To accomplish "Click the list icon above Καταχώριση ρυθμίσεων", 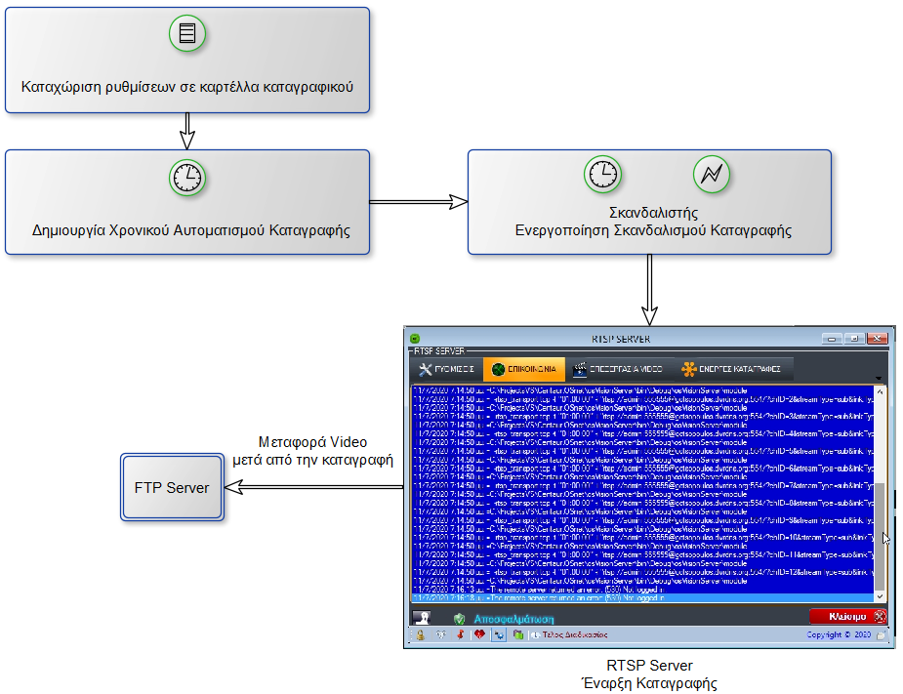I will (187, 34).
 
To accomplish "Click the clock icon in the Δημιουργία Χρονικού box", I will (187, 177).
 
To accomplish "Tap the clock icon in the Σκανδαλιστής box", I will (602, 174).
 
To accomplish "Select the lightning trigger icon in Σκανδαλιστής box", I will (711, 174).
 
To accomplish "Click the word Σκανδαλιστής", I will (653, 212).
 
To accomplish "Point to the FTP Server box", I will (172, 487).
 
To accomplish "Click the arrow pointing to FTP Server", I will (312, 487).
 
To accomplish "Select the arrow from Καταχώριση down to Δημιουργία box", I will (188, 127).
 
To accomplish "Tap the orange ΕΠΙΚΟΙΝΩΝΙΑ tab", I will (524, 369).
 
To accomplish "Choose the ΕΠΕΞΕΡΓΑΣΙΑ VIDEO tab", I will (619, 369).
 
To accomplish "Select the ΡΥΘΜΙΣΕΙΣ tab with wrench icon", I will (446, 369).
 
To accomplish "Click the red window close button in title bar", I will (877, 338).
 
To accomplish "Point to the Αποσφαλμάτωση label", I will (514, 619).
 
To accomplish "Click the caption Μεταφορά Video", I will (312, 442).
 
